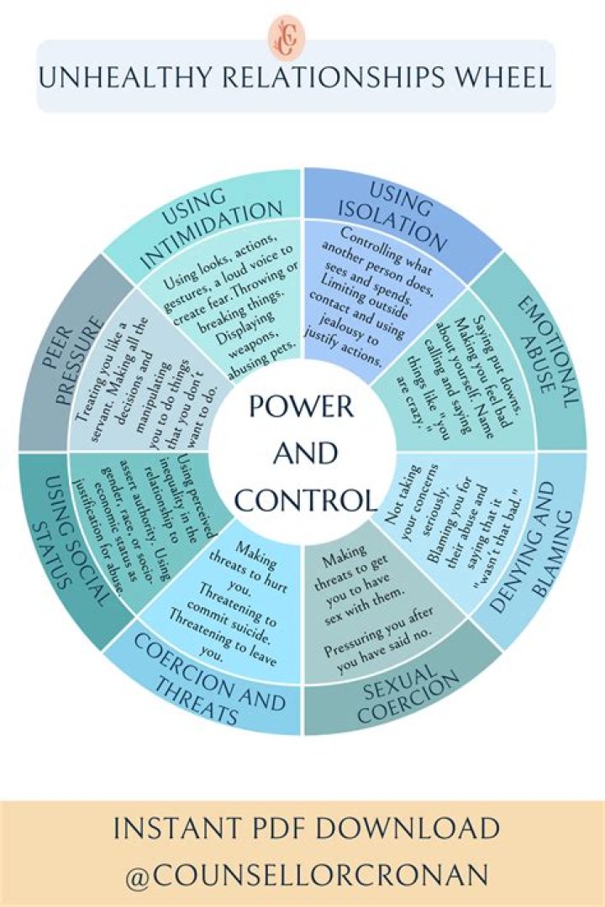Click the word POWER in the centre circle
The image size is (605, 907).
tap(300, 408)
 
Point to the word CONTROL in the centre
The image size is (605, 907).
tap(304, 501)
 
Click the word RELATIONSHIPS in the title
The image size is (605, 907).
tap(316, 78)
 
